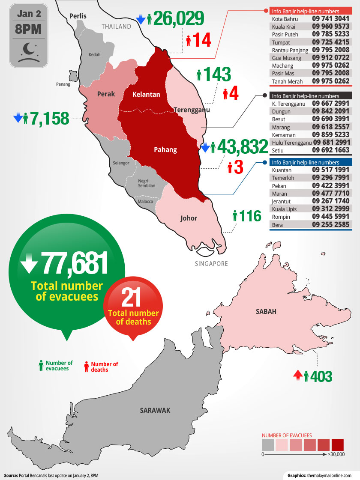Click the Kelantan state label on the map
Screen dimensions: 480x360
click(146, 94)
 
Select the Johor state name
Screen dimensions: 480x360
click(189, 218)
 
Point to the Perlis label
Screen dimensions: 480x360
click(78, 16)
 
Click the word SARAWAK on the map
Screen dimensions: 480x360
click(155, 410)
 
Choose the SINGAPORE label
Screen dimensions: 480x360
click(211, 264)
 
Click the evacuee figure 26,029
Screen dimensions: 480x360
click(178, 18)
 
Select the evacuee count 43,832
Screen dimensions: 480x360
click(243, 147)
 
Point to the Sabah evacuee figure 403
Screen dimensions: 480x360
click(321, 376)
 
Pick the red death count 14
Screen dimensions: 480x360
click(202, 41)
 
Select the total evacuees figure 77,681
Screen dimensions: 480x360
click(74, 263)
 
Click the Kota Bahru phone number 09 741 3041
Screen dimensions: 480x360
click(331, 19)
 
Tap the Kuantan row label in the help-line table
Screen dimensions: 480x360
click(282, 170)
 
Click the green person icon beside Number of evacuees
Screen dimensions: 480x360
click(41, 365)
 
